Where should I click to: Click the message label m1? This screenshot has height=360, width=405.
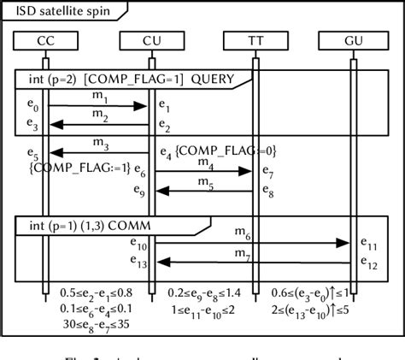(101, 97)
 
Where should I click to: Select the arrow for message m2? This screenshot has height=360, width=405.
(98, 124)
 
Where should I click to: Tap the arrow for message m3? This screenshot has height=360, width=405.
(98, 151)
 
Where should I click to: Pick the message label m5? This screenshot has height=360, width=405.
(205, 182)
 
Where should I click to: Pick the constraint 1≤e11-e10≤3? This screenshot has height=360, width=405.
(202, 309)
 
